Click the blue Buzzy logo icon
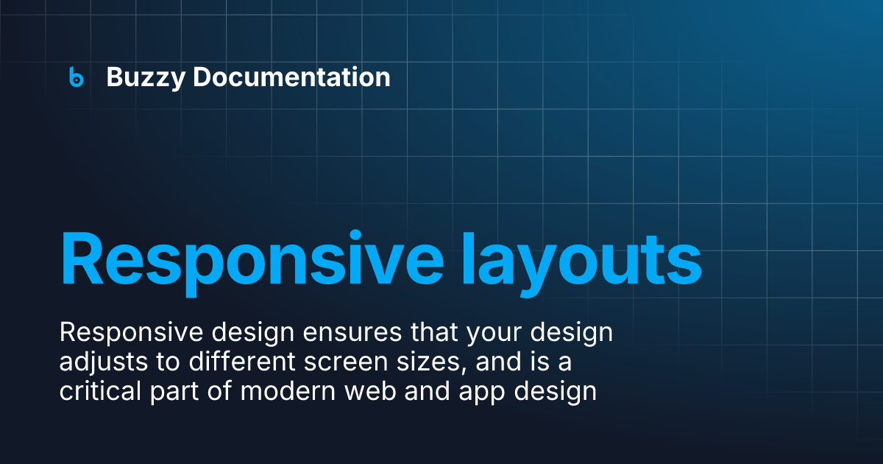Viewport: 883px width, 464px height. pos(76,77)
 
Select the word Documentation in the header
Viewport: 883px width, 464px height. pos(291,77)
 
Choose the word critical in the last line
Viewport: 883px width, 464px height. pos(95,391)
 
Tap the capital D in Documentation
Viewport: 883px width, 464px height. pos(203,77)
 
